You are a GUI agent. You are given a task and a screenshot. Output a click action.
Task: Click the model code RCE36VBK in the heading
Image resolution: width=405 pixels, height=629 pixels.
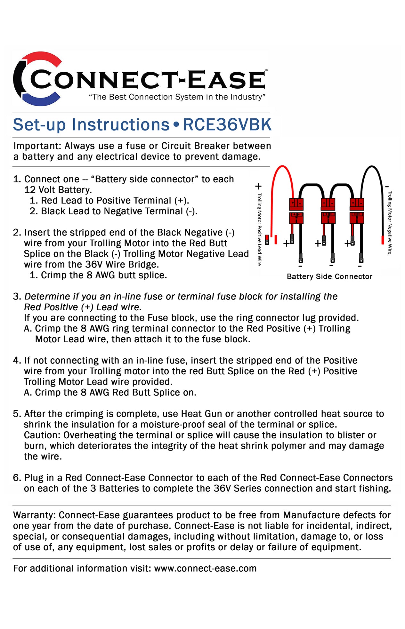point(227,125)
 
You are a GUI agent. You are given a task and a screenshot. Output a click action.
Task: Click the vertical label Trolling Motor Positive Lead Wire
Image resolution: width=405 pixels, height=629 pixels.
point(259,229)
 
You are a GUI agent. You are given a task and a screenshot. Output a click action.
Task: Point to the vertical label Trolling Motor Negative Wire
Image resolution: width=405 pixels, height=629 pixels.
point(390,222)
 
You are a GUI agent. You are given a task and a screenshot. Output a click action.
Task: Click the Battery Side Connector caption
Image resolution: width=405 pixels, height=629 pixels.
point(329,277)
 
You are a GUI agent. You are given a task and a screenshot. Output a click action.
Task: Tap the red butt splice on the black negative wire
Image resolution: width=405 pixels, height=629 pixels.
point(382,240)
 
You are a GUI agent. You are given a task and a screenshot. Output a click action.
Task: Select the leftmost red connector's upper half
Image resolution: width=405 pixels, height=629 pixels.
point(296,203)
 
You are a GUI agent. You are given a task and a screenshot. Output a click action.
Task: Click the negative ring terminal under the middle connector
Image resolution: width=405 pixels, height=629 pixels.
point(333,258)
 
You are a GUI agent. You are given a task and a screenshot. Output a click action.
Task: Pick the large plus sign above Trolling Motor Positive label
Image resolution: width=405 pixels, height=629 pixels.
point(258,186)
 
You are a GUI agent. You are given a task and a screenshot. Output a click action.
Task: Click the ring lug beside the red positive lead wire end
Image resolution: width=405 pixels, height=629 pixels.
point(267,240)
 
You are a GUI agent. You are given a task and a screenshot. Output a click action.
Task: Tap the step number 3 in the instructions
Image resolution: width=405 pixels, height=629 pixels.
point(16,297)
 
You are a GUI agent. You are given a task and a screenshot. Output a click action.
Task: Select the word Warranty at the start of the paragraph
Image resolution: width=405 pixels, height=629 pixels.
point(35,515)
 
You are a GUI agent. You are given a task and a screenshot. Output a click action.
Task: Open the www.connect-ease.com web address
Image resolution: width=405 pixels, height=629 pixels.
point(205,569)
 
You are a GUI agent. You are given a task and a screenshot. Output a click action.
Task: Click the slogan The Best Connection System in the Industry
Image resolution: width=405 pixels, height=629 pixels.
point(177,97)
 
